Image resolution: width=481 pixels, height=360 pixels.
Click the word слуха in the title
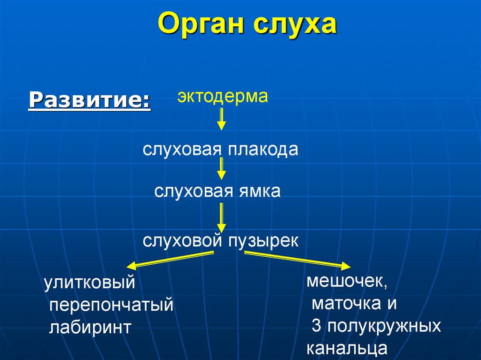coord(295,25)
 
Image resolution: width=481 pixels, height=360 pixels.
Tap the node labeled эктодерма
coord(222,97)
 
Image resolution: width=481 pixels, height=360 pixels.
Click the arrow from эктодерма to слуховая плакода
coord(222,119)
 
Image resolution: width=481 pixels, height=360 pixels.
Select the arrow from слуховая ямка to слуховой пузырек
coord(222,217)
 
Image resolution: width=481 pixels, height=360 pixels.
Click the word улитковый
coord(90,283)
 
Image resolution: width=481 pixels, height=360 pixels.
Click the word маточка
coord(347,304)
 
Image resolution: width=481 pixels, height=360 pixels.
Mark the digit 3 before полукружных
coord(316,326)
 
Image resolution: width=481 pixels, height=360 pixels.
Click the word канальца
coord(347,349)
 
